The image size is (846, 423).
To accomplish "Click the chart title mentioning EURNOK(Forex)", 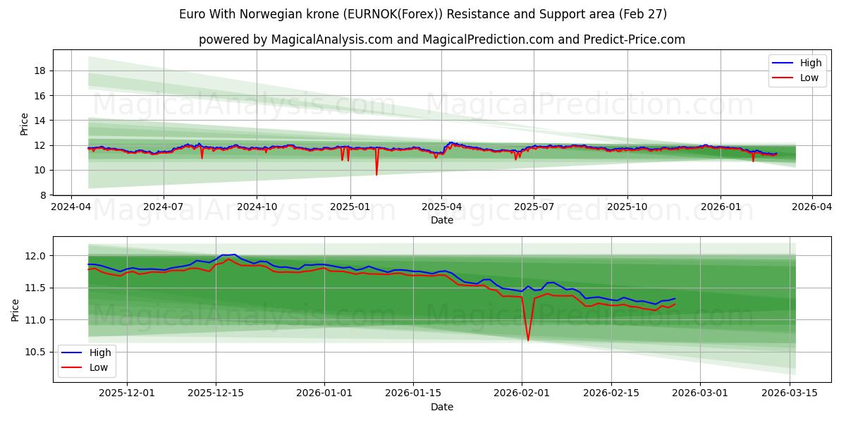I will coord(423,14).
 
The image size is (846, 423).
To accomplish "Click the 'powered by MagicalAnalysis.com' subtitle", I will coord(441,39).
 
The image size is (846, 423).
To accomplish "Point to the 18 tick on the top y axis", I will coord(40,70).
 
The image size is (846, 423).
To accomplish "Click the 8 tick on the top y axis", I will coord(43,195).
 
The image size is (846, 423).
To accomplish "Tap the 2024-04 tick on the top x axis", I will coord(70,207).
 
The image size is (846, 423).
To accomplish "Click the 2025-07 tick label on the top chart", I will coord(534,207).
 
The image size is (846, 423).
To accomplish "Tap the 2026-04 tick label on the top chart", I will coord(812,207).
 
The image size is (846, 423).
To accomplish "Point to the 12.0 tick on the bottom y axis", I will coord(36,256).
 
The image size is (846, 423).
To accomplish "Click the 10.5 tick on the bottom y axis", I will coord(36,352).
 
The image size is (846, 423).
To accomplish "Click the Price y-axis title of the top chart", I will coord(25,123).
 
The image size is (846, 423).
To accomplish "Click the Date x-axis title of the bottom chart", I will coord(441,407).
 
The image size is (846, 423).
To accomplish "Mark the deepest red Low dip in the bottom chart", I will coord(528,341).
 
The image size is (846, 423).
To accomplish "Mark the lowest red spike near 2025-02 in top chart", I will coord(376,174).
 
